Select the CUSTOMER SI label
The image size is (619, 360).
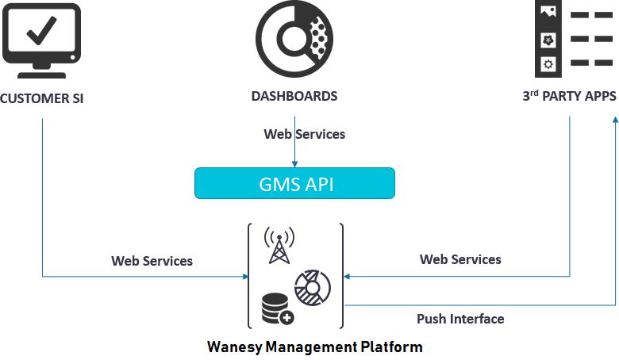(41, 98)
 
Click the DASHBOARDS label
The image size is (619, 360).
(294, 97)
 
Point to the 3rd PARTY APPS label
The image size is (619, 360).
(569, 97)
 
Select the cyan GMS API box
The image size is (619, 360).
(294, 184)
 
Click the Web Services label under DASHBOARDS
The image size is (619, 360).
(305, 134)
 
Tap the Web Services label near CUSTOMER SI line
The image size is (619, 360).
(152, 260)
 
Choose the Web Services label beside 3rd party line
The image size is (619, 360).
(460, 259)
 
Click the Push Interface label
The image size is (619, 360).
(460, 319)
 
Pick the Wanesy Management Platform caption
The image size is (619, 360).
(314, 347)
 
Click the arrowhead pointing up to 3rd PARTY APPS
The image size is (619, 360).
(614, 118)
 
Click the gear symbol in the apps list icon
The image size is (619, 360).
(547, 63)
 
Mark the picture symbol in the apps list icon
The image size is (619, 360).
(547, 12)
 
